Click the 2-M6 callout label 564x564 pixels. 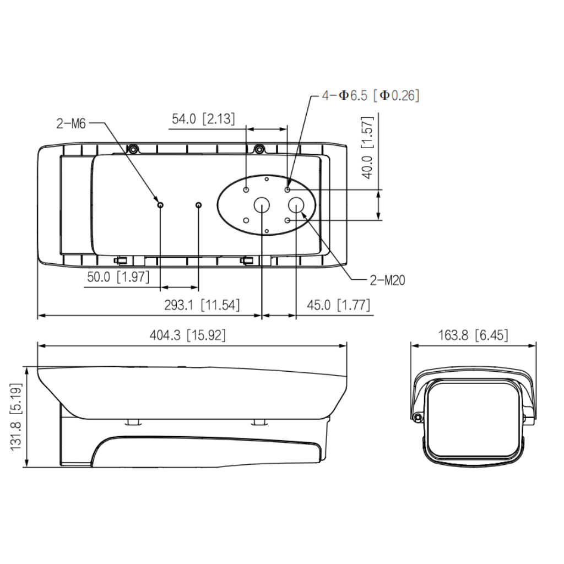tap(71, 124)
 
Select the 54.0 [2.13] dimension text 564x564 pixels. tap(203, 119)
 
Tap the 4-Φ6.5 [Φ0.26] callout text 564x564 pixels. tap(371, 96)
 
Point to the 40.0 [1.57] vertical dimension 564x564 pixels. tap(367, 148)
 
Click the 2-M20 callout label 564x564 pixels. tap(387, 280)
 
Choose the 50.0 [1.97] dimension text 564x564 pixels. tap(118, 277)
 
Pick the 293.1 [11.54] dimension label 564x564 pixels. tap(202, 305)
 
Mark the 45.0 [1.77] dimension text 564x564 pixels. tap(339, 305)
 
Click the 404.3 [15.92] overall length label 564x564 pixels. tap(188, 335)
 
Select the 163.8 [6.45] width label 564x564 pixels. tap(473, 335)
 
